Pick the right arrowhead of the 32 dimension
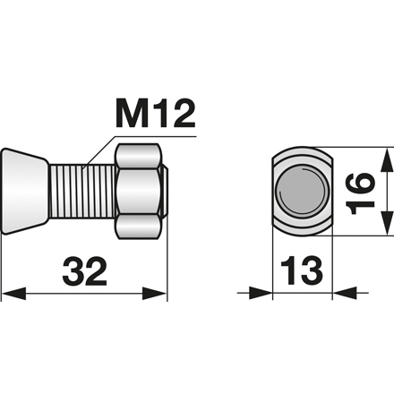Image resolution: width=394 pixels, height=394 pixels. point(158,293)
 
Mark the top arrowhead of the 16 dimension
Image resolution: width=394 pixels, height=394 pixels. point(386,159)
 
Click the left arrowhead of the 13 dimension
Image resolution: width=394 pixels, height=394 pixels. point(261,293)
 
